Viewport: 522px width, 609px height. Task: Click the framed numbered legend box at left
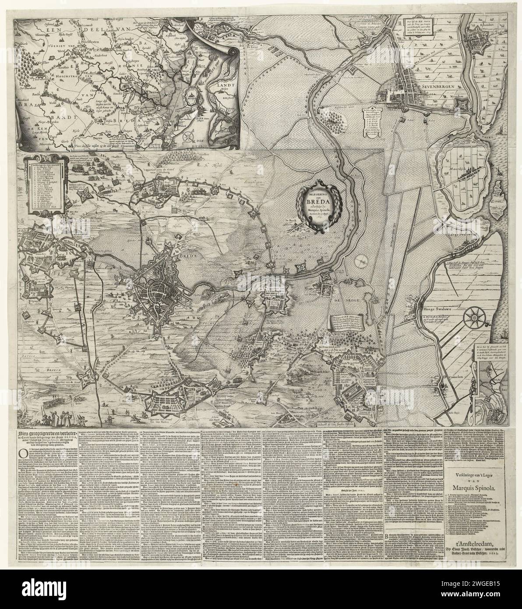tap(44, 185)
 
